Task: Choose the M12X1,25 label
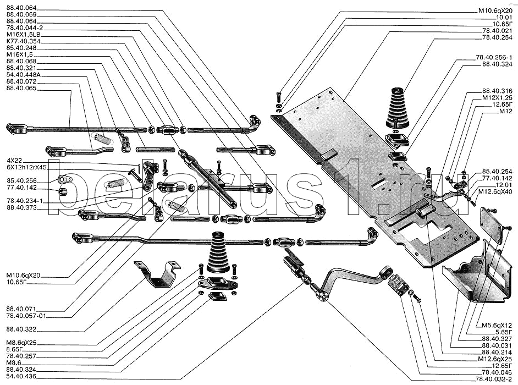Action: (497, 97)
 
